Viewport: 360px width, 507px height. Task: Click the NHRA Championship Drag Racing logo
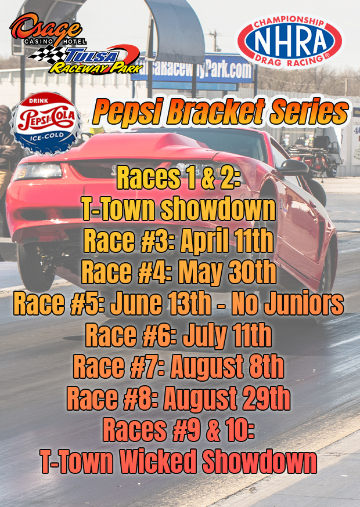(x=289, y=41)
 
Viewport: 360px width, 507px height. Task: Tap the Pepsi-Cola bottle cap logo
(x=46, y=123)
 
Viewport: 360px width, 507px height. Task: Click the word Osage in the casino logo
(x=46, y=29)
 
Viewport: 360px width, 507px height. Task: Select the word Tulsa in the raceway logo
(x=92, y=56)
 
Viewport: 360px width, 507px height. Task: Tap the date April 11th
(x=226, y=241)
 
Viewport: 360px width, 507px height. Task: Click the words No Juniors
(x=287, y=303)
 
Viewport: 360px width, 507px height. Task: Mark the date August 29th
(x=226, y=397)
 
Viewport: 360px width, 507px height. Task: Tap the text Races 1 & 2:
(x=178, y=178)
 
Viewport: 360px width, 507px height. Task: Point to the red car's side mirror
(x=293, y=168)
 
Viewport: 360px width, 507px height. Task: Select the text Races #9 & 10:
(x=178, y=429)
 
